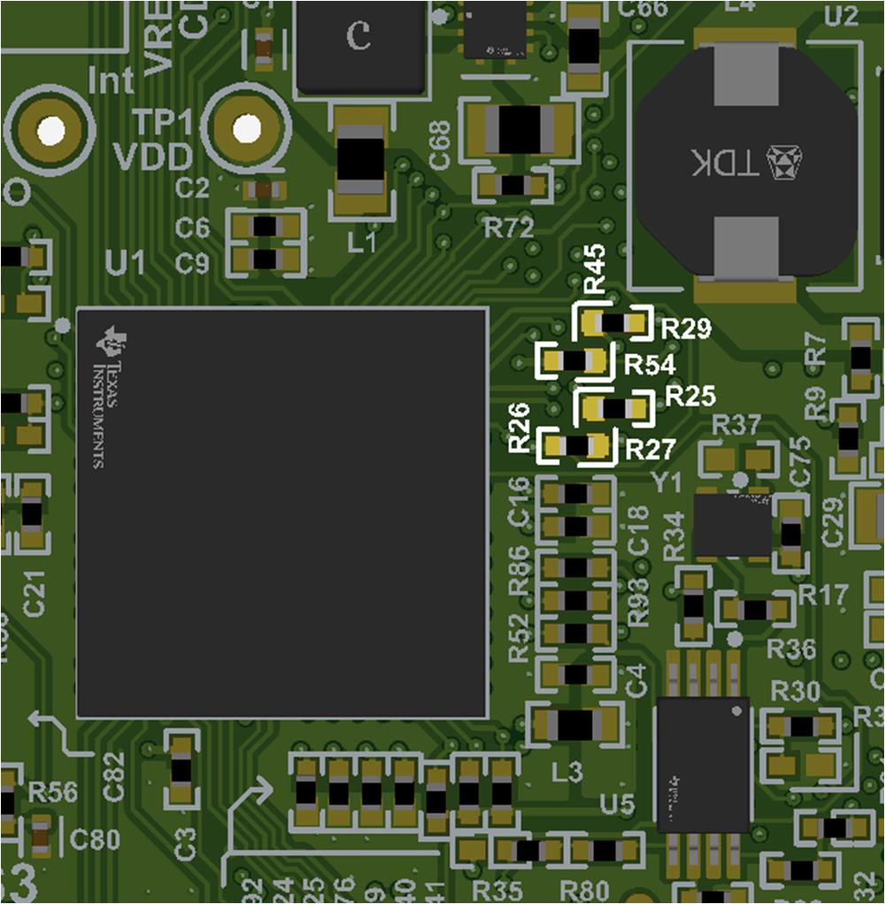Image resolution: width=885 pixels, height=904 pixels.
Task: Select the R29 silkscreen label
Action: [x=686, y=329]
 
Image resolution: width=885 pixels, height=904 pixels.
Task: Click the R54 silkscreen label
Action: [x=650, y=365]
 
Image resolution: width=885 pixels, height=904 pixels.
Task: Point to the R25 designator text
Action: [x=690, y=396]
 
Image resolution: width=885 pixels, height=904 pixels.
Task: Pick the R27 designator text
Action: [x=650, y=450]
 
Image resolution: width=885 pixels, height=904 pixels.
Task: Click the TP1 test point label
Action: [x=161, y=121]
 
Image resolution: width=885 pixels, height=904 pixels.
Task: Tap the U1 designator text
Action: [x=125, y=263]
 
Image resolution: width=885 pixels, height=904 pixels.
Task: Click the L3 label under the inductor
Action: [x=567, y=772]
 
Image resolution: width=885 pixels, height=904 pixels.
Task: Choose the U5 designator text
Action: [x=617, y=804]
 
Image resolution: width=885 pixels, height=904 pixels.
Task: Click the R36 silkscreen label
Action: [x=791, y=648]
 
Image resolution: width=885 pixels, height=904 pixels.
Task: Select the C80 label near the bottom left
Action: [x=94, y=838]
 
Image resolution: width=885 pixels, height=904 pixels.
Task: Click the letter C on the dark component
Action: [x=358, y=35]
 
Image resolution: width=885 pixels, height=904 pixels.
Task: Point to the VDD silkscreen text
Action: [x=153, y=158]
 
